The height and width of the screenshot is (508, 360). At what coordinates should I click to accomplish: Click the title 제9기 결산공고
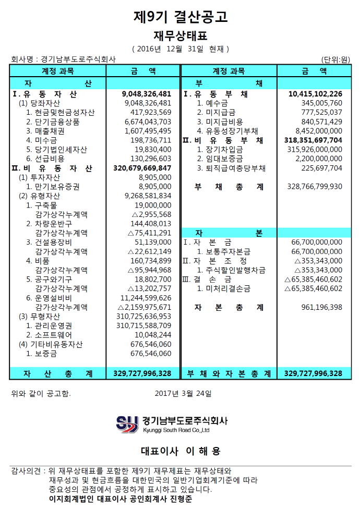[180, 17]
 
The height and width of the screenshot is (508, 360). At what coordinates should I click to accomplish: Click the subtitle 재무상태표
[180, 36]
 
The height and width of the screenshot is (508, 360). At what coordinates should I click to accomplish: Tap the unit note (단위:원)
[336, 59]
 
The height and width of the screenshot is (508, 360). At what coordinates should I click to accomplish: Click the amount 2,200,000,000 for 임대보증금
[319, 159]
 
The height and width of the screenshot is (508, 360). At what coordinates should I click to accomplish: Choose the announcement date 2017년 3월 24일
[184, 393]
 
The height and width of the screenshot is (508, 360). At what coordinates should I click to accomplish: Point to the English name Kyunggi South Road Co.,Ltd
[176, 430]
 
